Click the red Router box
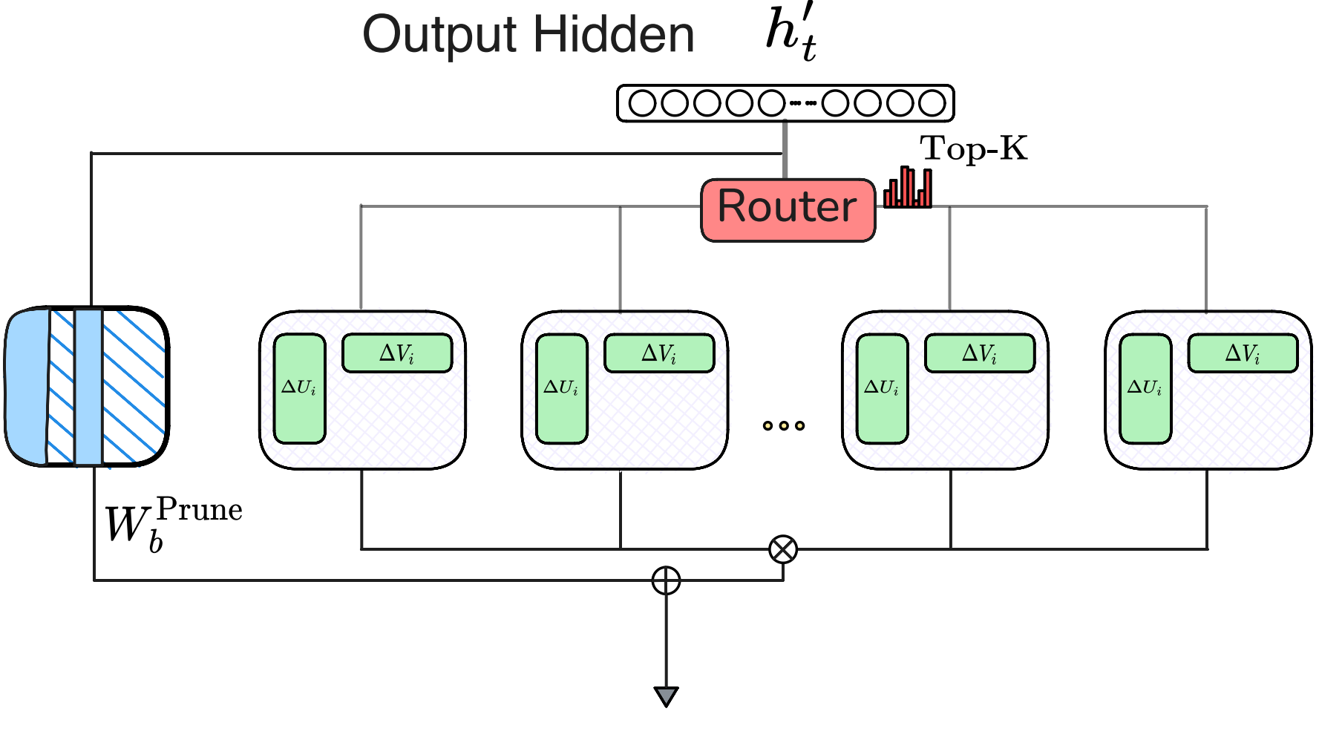click(x=788, y=209)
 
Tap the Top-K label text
click(x=973, y=148)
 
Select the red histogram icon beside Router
click(x=908, y=188)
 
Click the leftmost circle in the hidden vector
click(x=642, y=103)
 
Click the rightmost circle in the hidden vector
click(x=932, y=103)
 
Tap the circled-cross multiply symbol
click(x=783, y=549)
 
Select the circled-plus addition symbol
click(x=666, y=580)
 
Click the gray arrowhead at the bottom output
click(x=666, y=696)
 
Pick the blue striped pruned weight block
click(x=88, y=386)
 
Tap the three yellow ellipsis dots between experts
click(x=783, y=425)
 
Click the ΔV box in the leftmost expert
click(x=397, y=353)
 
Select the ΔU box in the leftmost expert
click(x=299, y=388)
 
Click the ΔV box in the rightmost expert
click(x=1243, y=353)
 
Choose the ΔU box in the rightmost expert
click(x=1145, y=388)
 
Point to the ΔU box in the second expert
click(x=561, y=388)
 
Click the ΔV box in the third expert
click(x=979, y=353)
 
